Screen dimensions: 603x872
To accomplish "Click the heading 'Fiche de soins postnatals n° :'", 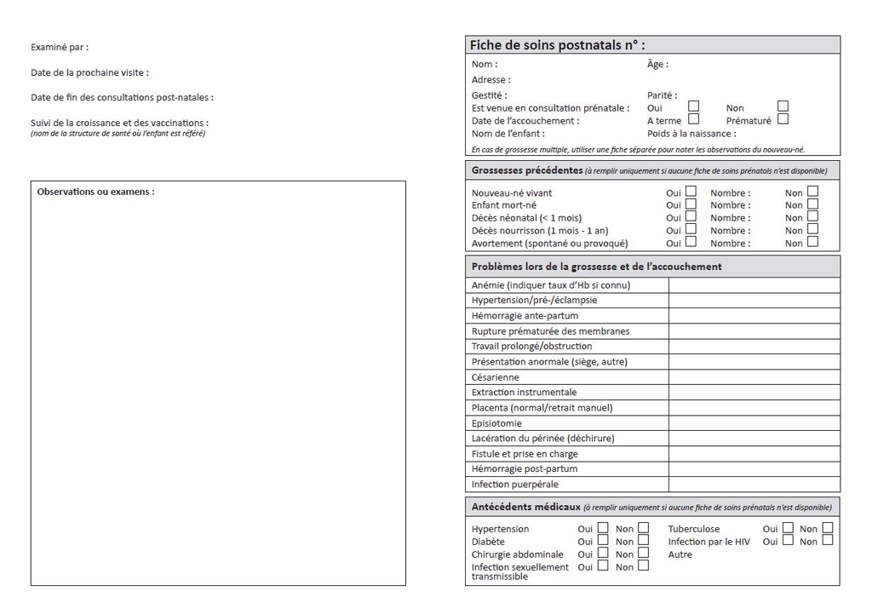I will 557,45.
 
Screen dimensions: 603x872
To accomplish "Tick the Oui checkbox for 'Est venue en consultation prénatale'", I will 694,106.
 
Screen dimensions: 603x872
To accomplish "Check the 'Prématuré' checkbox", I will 783,119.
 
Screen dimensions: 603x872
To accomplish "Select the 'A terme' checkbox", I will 694,119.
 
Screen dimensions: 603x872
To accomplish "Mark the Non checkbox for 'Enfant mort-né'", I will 812,204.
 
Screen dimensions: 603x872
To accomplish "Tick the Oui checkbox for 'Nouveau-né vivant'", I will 691,192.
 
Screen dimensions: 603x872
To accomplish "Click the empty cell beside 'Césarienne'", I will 754,377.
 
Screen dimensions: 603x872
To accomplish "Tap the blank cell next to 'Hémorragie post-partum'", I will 754,469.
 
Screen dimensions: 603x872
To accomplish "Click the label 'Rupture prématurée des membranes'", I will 550,331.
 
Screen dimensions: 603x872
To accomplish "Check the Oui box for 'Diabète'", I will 603,540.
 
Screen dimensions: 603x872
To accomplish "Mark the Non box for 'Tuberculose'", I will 827,528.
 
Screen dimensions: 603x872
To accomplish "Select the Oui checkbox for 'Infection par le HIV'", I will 788,540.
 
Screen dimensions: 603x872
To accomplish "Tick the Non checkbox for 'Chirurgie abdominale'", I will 643,553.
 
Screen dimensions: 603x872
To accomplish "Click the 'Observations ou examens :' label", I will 95,192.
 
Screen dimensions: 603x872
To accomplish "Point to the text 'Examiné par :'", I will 59,48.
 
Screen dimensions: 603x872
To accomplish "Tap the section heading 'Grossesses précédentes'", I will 527,170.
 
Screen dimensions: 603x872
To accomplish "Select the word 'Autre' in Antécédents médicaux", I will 680,554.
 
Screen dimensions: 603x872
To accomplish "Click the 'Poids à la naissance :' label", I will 691,134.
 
